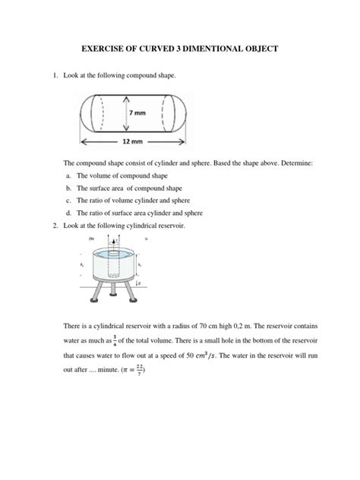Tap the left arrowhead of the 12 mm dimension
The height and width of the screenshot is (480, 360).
[81, 141]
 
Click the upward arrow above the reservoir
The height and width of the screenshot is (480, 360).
[112, 241]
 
